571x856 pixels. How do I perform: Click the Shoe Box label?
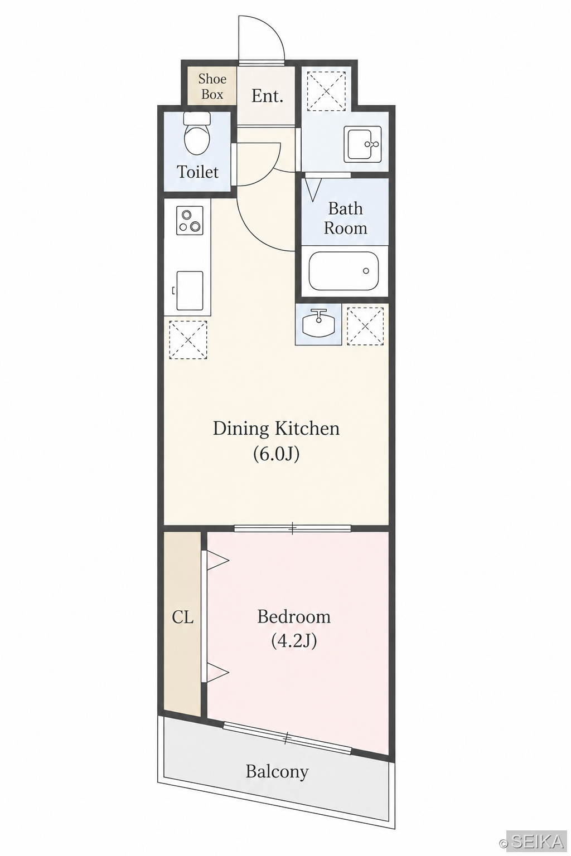[x=212, y=86]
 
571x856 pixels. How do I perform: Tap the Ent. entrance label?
[x=267, y=96]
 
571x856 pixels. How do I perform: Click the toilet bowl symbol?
[x=197, y=134]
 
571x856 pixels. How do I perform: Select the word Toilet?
[x=197, y=172]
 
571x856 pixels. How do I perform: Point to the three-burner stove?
[x=190, y=221]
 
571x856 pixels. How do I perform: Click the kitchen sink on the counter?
[x=190, y=291]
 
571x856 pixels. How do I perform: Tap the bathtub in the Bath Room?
[x=343, y=271]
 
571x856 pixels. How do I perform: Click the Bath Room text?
[x=345, y=218]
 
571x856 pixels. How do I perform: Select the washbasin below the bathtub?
[x=318, y=324]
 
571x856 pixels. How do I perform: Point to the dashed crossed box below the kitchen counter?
[x=188, y=340]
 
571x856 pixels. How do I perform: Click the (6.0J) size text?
[x=276, y=454]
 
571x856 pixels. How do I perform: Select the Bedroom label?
[x=294, y=616]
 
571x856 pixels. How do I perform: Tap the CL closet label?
[x=182, y=617]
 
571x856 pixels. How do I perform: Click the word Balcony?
[x=277, y=771]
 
